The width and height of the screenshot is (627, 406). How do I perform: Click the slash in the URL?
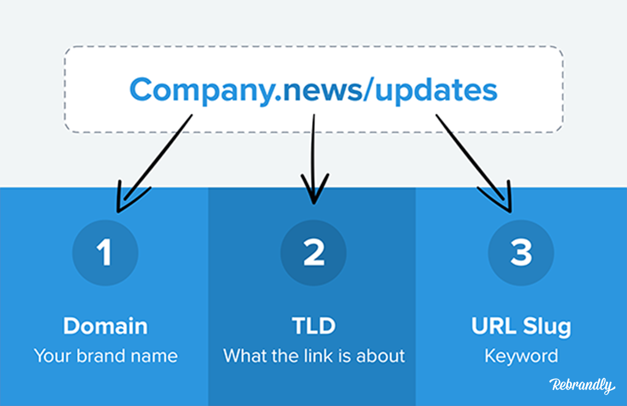368,89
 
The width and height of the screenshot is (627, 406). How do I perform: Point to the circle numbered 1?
105,253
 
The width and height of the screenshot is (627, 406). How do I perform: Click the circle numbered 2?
313,253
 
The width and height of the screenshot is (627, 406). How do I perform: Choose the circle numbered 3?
521,253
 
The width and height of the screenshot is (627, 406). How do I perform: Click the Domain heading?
105,326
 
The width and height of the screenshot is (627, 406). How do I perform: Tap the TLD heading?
314,326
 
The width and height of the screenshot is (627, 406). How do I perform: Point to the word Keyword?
522,356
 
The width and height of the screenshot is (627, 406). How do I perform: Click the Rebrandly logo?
582,385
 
